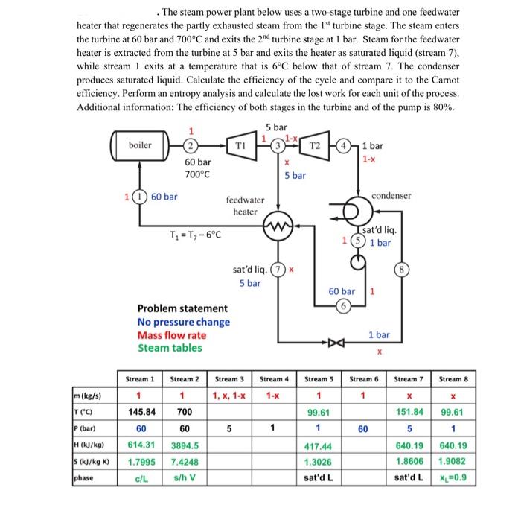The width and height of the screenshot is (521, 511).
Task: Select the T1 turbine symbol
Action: click(x=241, y=145)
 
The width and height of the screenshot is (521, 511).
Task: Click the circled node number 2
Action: click(x=191, y=145)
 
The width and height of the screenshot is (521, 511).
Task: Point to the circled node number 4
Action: click(x=345, y=145)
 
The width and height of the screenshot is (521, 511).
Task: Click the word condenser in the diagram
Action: click(x=392, y=195)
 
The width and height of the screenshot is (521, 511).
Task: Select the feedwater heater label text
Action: click(x=245, y=206)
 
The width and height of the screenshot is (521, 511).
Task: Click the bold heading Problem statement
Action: click(x=183, y=308)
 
